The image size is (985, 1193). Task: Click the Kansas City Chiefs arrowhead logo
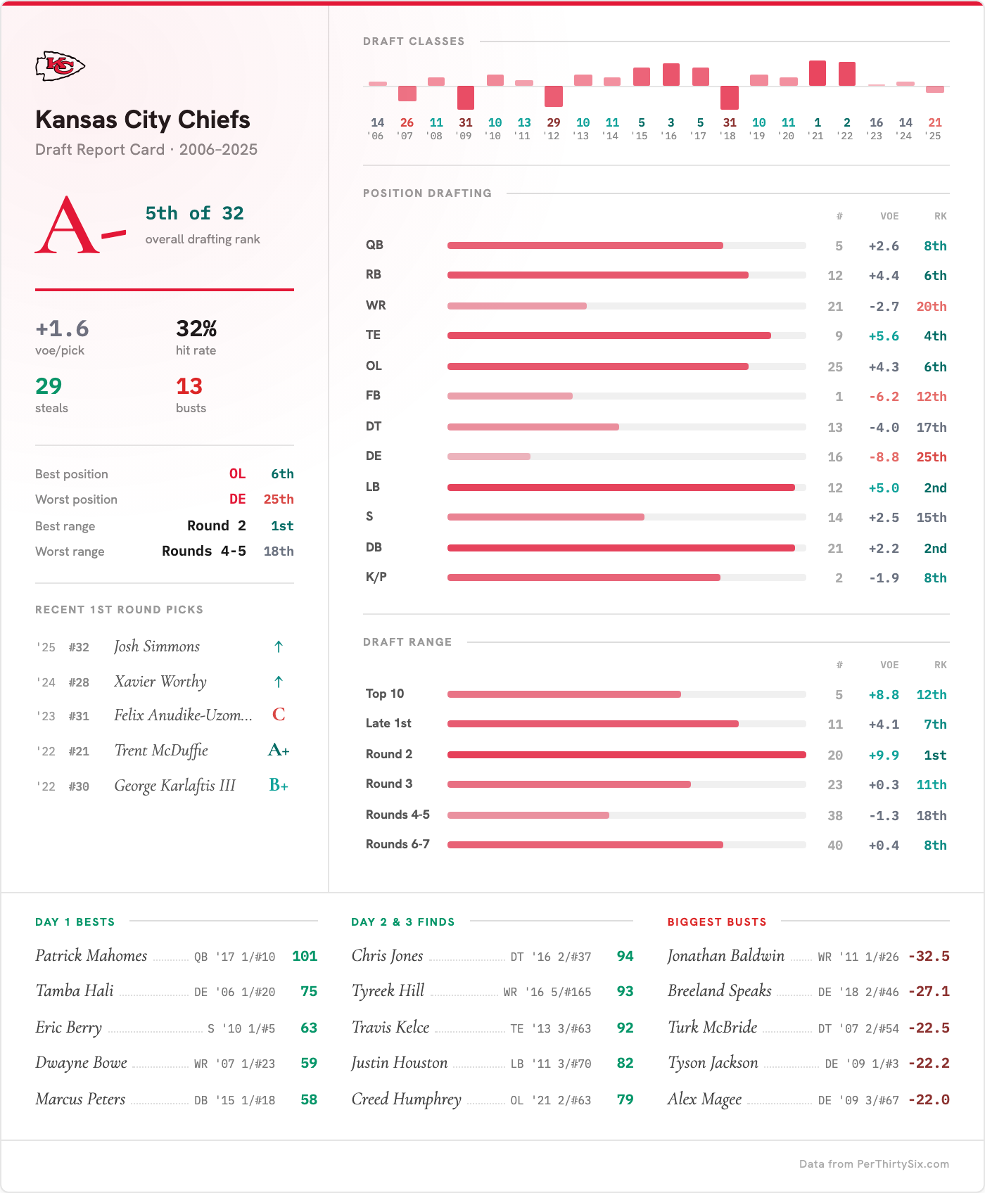[60, 66]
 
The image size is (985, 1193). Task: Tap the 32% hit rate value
[196, 328]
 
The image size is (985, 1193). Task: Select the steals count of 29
[49, 386]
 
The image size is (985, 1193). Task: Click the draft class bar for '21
[818, 73]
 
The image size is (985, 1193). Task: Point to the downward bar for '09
[466, 98]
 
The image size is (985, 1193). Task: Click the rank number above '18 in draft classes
[730, 122]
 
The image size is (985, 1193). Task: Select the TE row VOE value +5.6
[884, 336]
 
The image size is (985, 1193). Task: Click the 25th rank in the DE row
[931, 457]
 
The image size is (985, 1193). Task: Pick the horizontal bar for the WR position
[517, 306]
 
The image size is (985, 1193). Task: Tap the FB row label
[373, 395]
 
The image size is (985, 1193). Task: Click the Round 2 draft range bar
[626, 755]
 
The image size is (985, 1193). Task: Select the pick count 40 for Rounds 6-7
[835, 846]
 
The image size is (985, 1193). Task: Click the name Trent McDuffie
[161, 751]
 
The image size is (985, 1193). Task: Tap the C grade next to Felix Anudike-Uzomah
[279, 715]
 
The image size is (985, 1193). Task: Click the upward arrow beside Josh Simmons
[279, 646]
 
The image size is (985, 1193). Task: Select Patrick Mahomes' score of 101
[305, 957]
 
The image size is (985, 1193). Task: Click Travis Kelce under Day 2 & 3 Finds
[390, 1028]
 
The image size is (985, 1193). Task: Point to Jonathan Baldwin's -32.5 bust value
[929, 957]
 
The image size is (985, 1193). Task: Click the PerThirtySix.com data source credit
[874, 1164]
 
